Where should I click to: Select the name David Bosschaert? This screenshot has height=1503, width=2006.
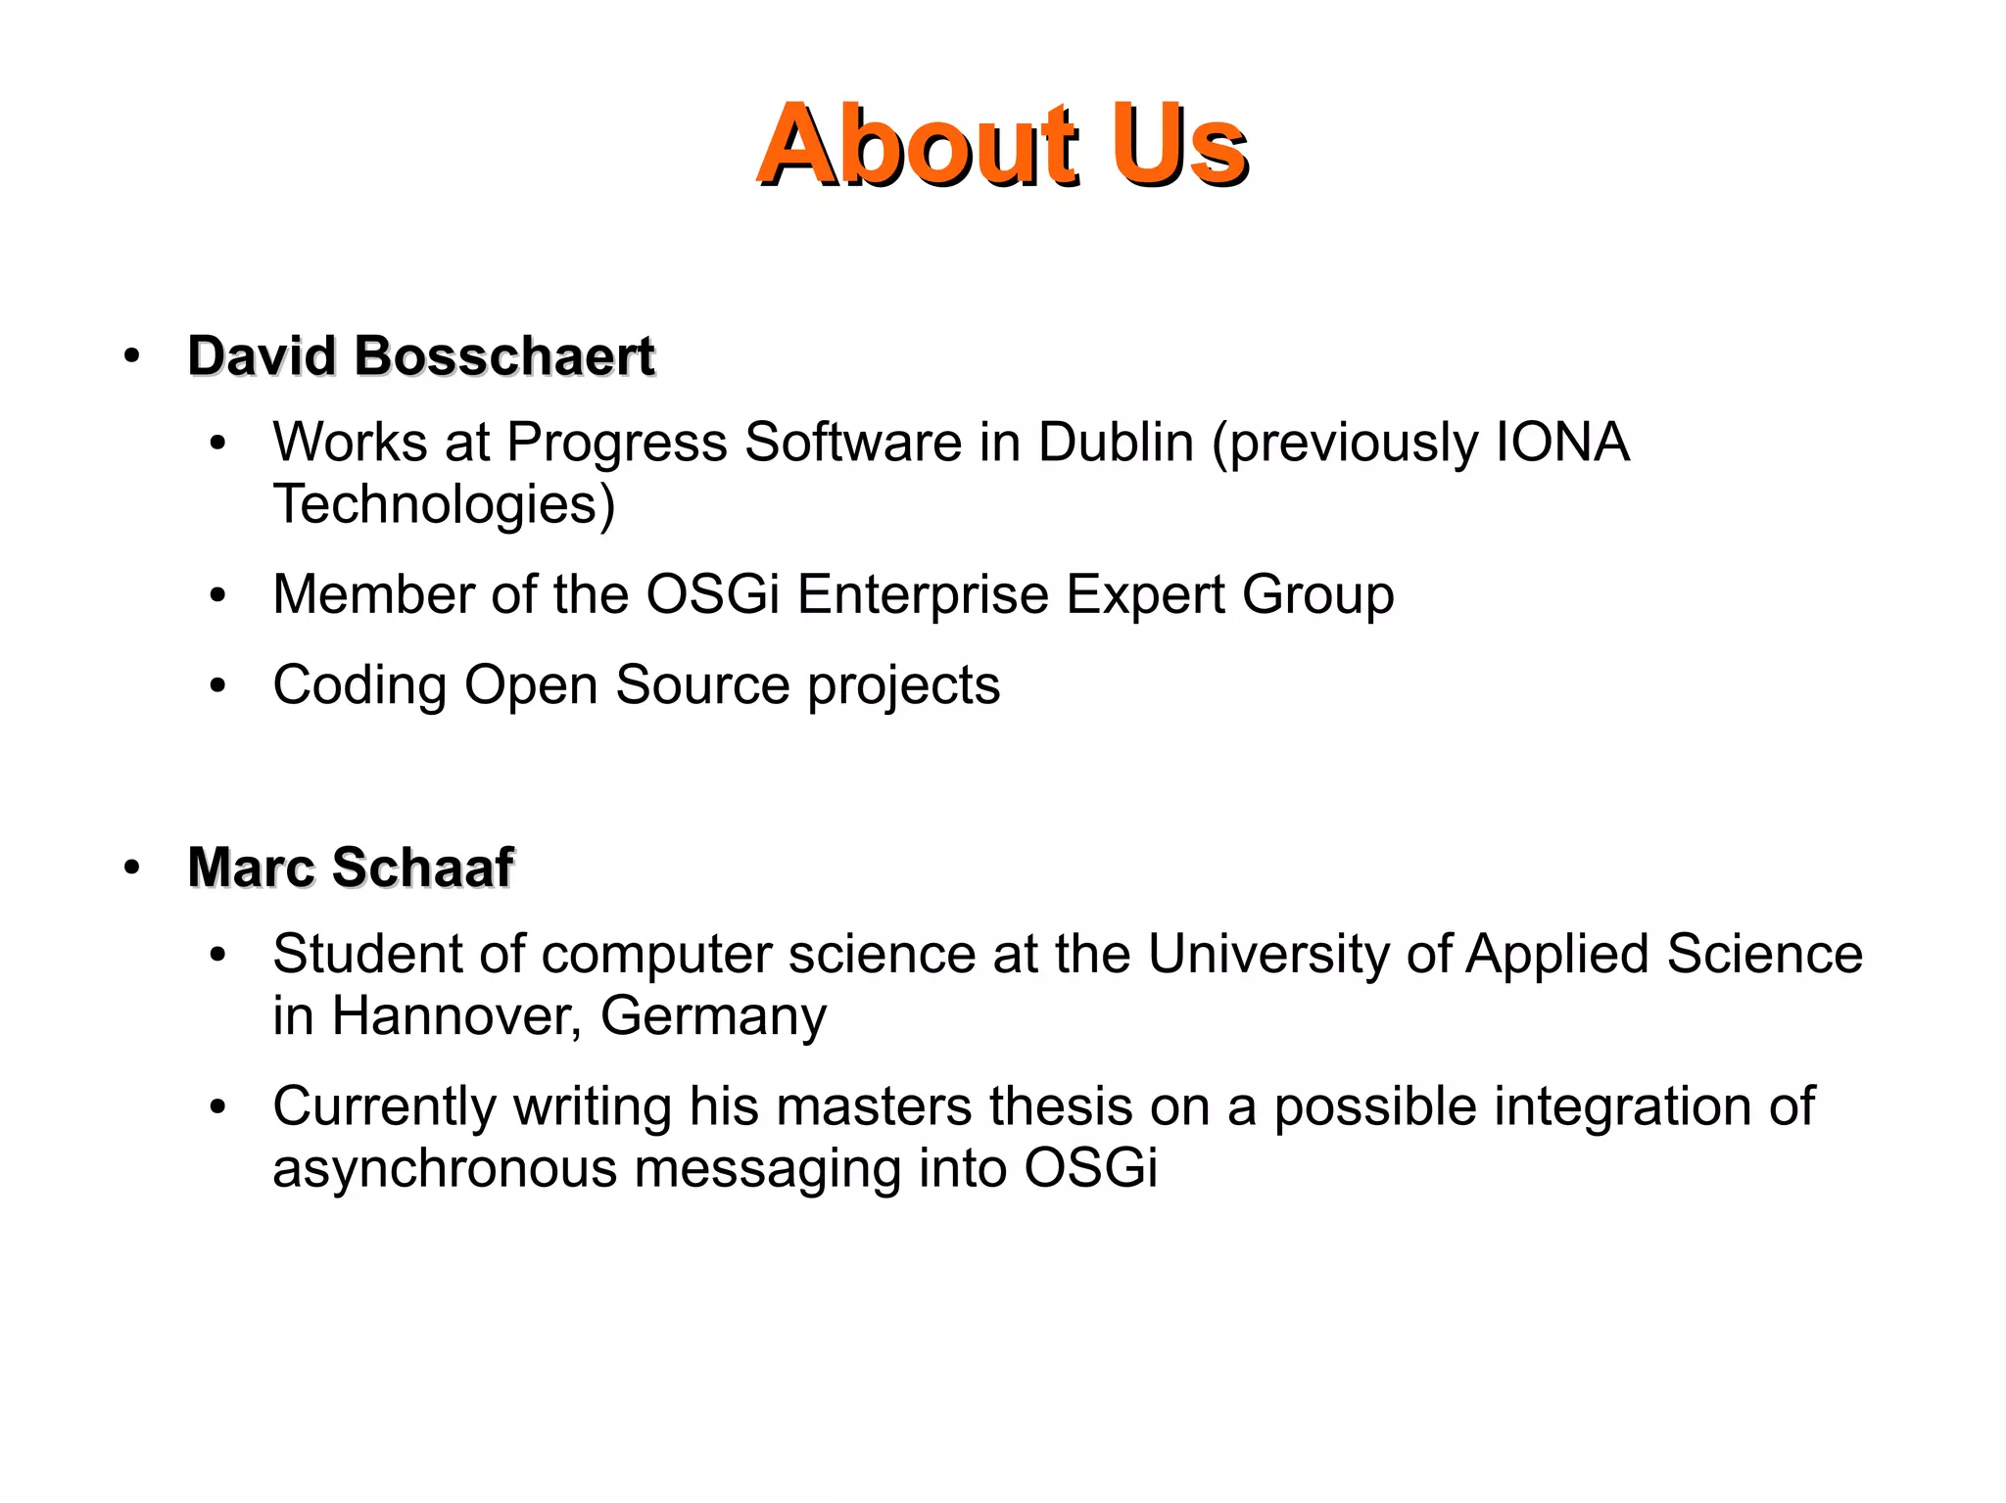[x=421, y=355]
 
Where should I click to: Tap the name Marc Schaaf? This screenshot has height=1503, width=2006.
[x=351, y=868]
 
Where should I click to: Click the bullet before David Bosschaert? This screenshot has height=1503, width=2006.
[x=132, y=356]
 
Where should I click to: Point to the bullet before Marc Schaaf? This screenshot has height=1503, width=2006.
[x=132, y=869]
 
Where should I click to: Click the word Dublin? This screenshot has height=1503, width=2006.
[x=1116, y=443]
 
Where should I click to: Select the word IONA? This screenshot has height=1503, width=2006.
[x=1562, y=443]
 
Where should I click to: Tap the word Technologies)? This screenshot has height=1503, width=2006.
[x=444, y=505]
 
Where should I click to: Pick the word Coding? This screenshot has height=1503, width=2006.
[x=359, y=685]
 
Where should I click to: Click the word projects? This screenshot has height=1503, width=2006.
[x=904, y=685]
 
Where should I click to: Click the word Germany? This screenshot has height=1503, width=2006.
[x=713, y=1016]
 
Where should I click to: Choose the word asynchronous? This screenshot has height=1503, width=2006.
[x=445, y=1169]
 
